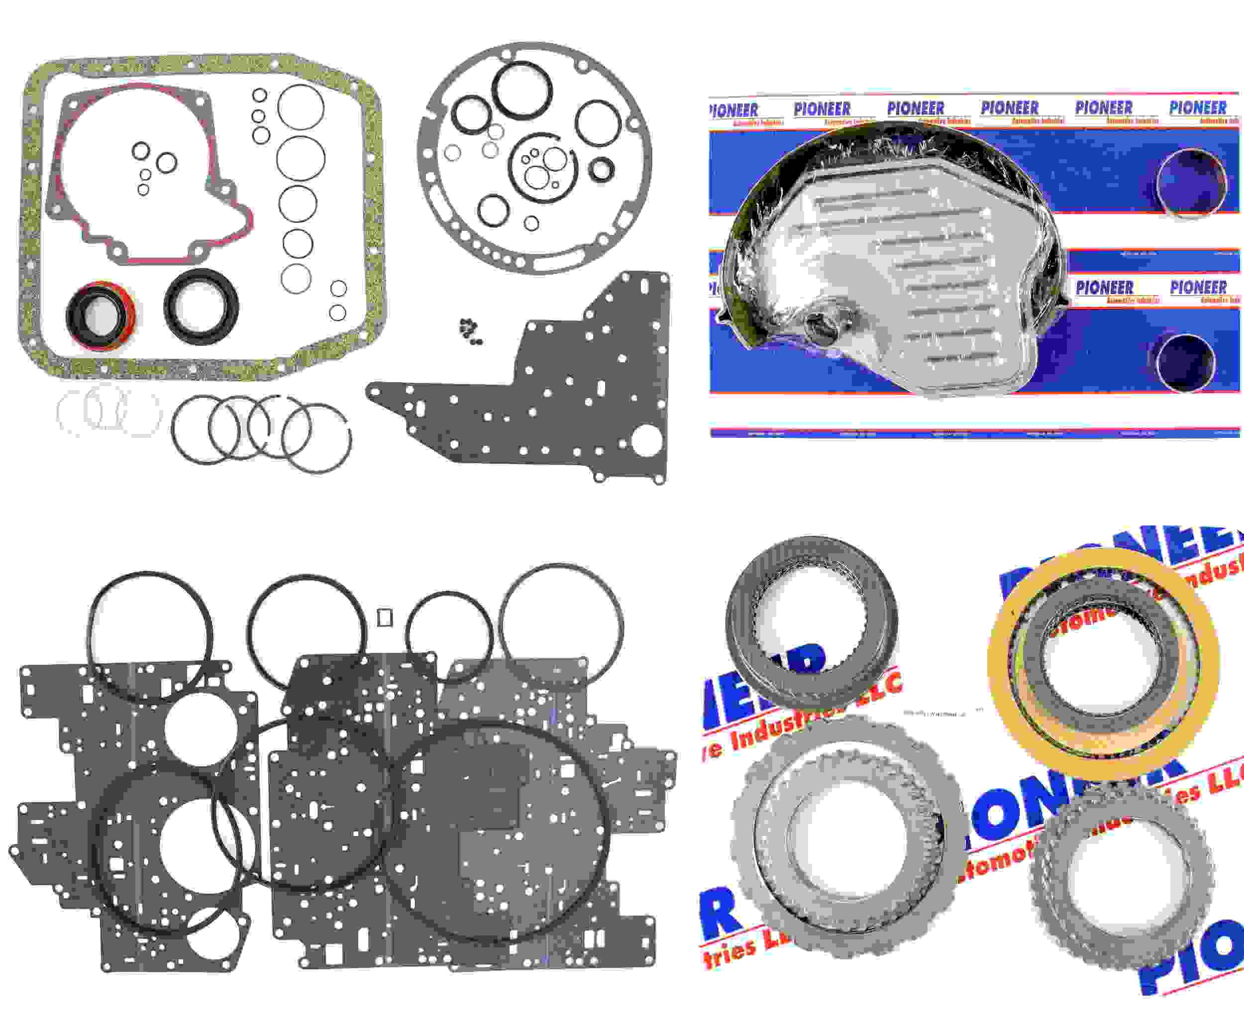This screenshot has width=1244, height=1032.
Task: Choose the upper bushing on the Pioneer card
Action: (x=1191, y=184)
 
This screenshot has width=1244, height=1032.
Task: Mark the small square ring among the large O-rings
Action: (x=385, y=618)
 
